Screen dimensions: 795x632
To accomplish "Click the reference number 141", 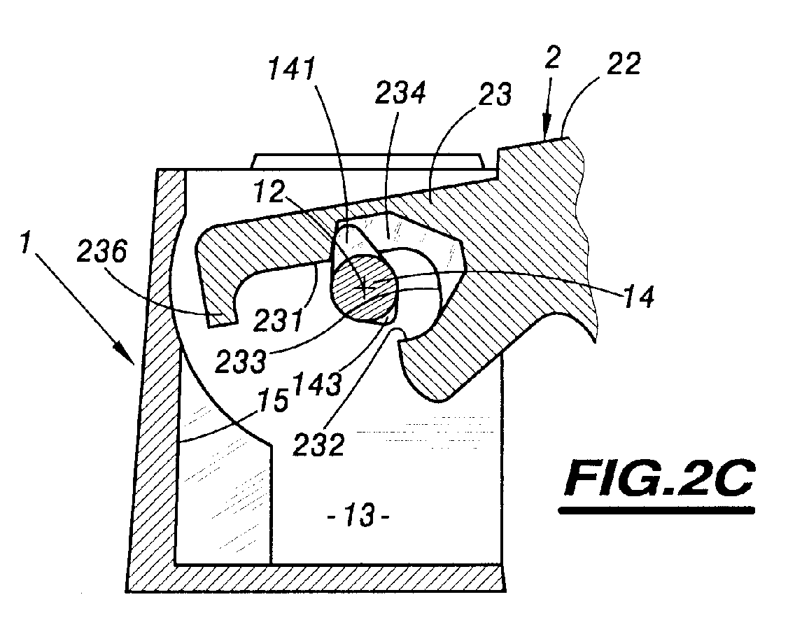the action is (292, 69).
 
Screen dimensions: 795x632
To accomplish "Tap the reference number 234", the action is (400, 93).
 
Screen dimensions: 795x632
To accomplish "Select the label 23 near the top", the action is (494, 94).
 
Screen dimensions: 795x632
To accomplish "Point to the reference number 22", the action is (623, 64).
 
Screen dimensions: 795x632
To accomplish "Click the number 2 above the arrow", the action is (553, 59).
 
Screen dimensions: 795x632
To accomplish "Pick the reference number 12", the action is (269, 192).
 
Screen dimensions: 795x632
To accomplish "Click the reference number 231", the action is (278, 321).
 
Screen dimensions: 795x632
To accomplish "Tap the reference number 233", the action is (240, 361).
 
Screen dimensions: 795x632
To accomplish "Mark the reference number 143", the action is (318, 384).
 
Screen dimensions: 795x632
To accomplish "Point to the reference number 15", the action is (274, 400).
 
